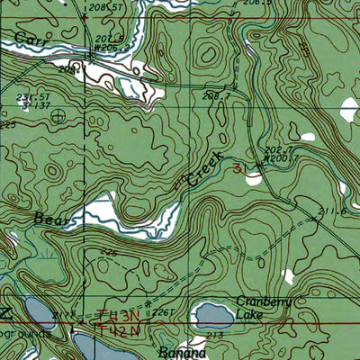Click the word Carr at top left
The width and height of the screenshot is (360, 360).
[30, 37]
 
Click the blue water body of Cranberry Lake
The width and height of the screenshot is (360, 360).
[213, 315]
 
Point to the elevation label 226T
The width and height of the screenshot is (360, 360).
[162, 313]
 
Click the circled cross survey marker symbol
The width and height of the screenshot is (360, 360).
[59, 115]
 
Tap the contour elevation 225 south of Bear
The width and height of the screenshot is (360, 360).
[110, 253]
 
